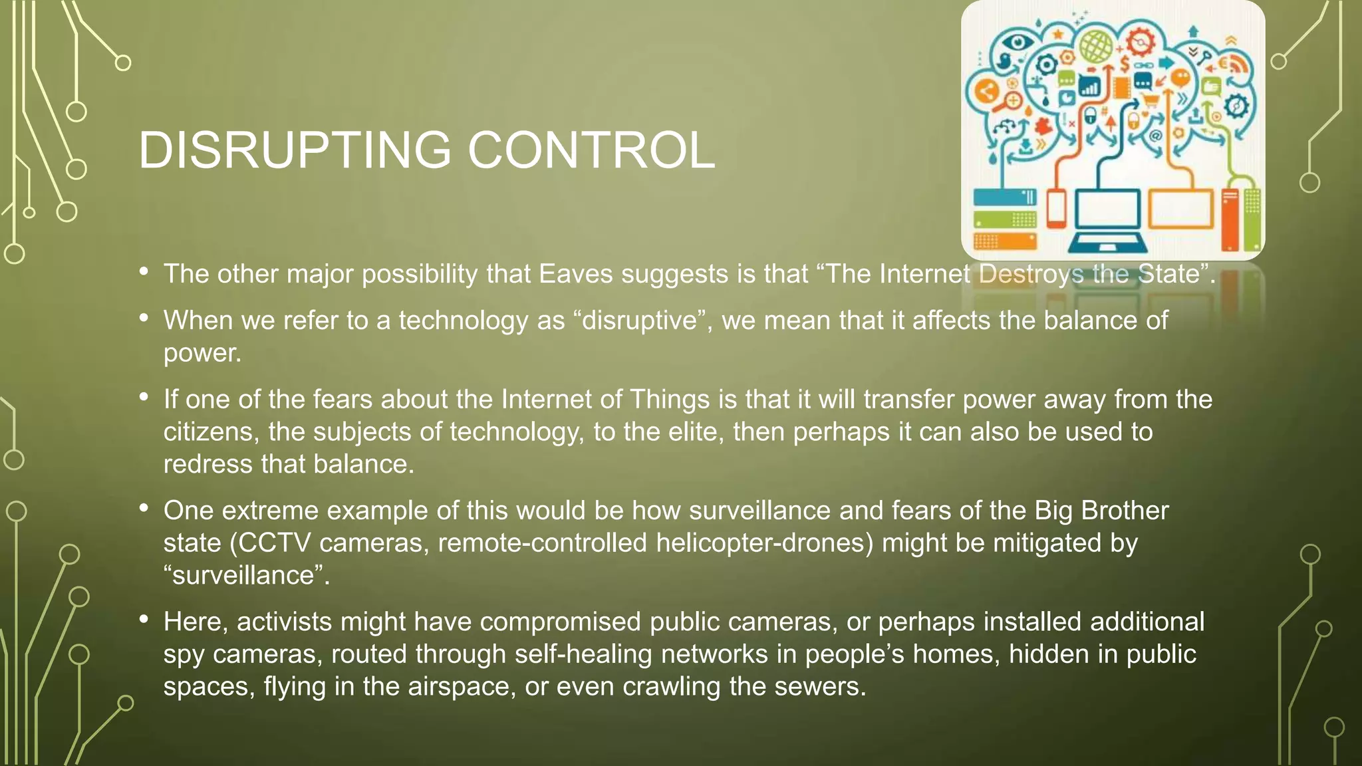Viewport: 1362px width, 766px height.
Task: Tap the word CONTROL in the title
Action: pyautogui.click(x=591, y=150)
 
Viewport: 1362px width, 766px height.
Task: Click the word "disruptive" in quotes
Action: pyautogui.click(x=640, y=320)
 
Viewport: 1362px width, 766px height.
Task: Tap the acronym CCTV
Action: pyautogui.click(x=275, y=543)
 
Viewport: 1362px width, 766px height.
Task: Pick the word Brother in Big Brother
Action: pyautogui.click(x=1125, y=511)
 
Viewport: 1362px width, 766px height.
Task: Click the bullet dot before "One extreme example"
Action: pyautogui.click(x=144, y=509)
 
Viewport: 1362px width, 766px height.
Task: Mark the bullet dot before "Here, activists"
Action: pyautogui.click(x=144, y=620)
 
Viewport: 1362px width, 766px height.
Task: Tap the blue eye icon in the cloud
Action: pyautogui.click(x=1016, y=43)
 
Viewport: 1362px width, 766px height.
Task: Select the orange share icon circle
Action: pyautogui.click(x=986, y=91)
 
